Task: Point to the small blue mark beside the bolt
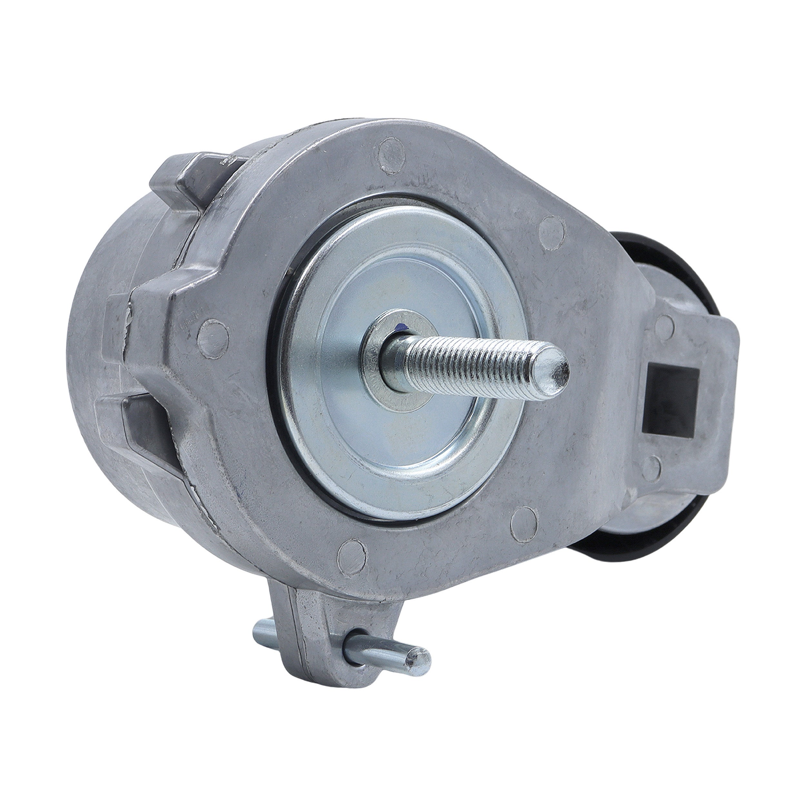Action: pos(402,328)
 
